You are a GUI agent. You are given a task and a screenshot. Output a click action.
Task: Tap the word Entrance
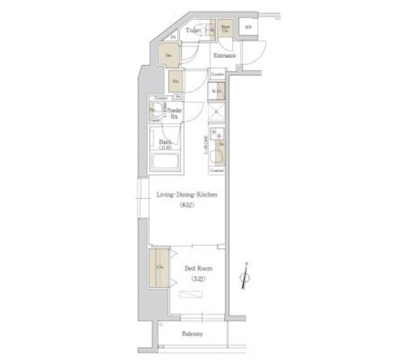coord(225,56)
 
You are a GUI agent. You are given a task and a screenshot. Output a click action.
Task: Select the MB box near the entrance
coord(249,27)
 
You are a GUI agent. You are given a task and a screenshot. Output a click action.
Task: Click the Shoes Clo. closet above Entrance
coord(225,28)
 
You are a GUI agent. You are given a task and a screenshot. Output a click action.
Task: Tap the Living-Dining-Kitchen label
coord(187,195)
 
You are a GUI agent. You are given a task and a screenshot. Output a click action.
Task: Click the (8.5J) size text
coord(187,205)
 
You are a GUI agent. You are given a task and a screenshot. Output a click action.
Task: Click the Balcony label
coord(192,333)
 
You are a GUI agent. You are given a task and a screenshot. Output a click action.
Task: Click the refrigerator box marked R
coord(217,113)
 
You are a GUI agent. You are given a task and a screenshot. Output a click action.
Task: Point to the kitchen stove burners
coord(217,133)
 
